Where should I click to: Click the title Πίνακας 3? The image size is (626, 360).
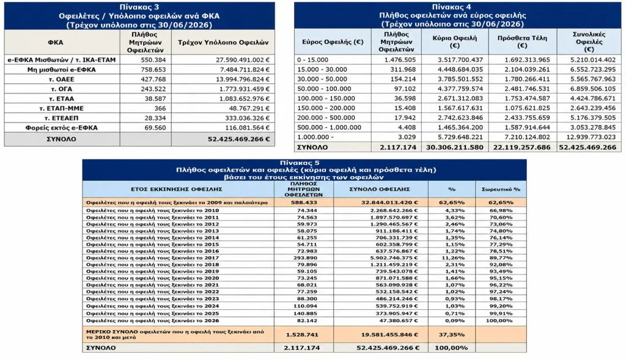[139, 7]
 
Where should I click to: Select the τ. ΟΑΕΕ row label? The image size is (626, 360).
[62, 79]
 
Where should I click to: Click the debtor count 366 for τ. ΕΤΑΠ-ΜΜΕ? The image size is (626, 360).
[160, 108]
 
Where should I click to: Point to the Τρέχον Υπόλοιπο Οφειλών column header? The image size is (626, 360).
[223, 42]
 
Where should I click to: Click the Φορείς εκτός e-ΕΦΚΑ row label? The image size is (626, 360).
[62, 128]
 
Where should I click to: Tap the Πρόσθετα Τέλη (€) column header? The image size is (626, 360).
[522, 42]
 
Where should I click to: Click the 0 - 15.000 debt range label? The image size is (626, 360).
[312, 60]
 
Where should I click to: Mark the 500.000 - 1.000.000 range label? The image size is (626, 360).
[329, 127]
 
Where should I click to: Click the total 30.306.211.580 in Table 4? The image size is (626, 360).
[454, 147]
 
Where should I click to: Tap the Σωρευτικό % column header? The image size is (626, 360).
[501, 189]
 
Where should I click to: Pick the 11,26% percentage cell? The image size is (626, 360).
[452, 258]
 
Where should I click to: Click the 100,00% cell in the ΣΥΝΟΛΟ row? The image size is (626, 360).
[452, 348]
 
